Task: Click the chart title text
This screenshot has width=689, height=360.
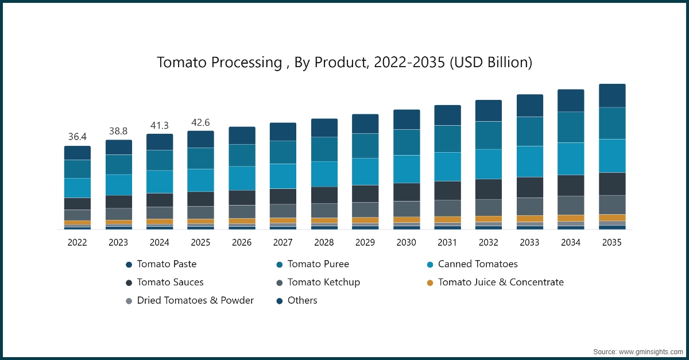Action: pyautogui.click(x=344, y=63)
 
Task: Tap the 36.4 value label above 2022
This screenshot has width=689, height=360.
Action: pyautogui.click(x=77, y=137)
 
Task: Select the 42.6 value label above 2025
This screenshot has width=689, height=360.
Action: pyautogui.click(x=200, y=122)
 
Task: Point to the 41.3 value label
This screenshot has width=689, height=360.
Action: pyautogui.click(x=159, y=125)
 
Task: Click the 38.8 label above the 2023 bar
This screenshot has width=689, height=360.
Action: pyautogui.click(x=118, y=131)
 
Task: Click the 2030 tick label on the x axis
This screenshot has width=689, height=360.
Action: pyautogui.click(x=406, y=243)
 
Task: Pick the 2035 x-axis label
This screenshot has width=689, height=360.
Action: pyautogui.click(x=612, y=243)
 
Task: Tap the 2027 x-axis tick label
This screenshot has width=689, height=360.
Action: pyautogui.click(x=282, y=243)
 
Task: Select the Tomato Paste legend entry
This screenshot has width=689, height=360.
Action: pyautogui.click(x=167, y=264)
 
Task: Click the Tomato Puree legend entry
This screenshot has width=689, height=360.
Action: pyautogui.click(x=318, y=264)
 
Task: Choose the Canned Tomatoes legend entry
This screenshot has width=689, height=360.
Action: pyautogui.click(x=477, y=264)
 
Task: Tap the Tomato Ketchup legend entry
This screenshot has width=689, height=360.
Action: pyautogui.click(x=323, y=282)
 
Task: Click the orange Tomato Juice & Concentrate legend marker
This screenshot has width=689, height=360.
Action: pyautogui.click(x=429, y=282)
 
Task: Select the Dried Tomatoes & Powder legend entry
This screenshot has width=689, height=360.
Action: pyautogui.click(x=195, y=300)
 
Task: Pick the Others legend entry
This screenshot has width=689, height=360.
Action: pyautogui.click(x=302, y=300)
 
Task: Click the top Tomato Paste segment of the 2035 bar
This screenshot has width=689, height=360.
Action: pyautogui.click(x=612, y=95)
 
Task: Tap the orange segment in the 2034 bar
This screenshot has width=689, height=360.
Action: pyautogui.click(x=571, y=218)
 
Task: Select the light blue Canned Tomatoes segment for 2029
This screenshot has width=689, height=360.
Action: pyautogui.click(x=365, y=171)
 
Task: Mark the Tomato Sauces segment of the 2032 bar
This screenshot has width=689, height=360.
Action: pyautogui.click(x=489, y=189)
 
